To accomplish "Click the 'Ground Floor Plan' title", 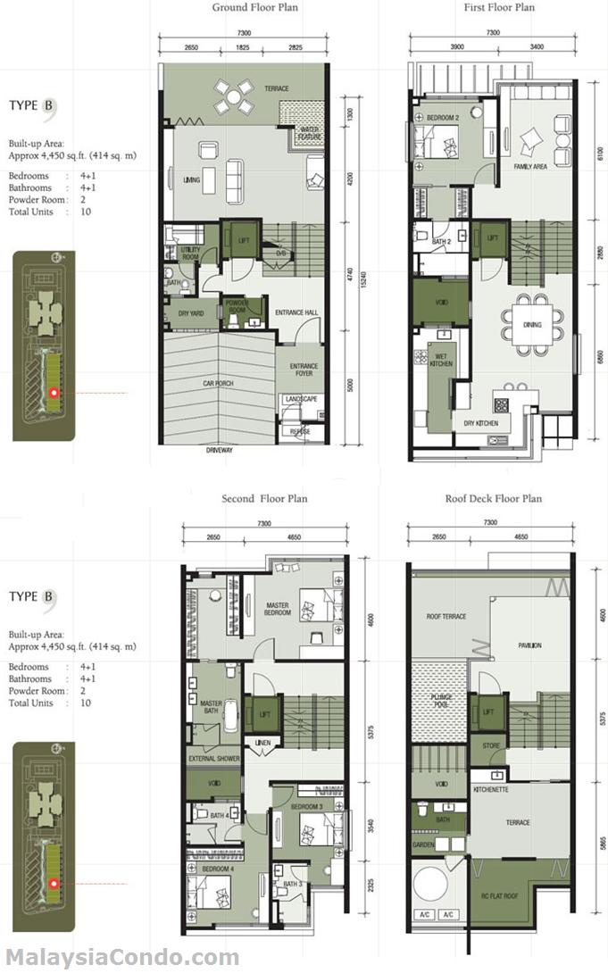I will tap(254, 8).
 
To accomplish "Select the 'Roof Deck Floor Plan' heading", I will tap(493, 498).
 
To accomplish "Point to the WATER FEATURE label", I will tap(310, 132).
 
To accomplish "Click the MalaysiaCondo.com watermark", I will tap(120, 958).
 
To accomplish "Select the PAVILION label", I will tap(529, 645).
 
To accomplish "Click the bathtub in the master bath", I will tap(228, 715).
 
